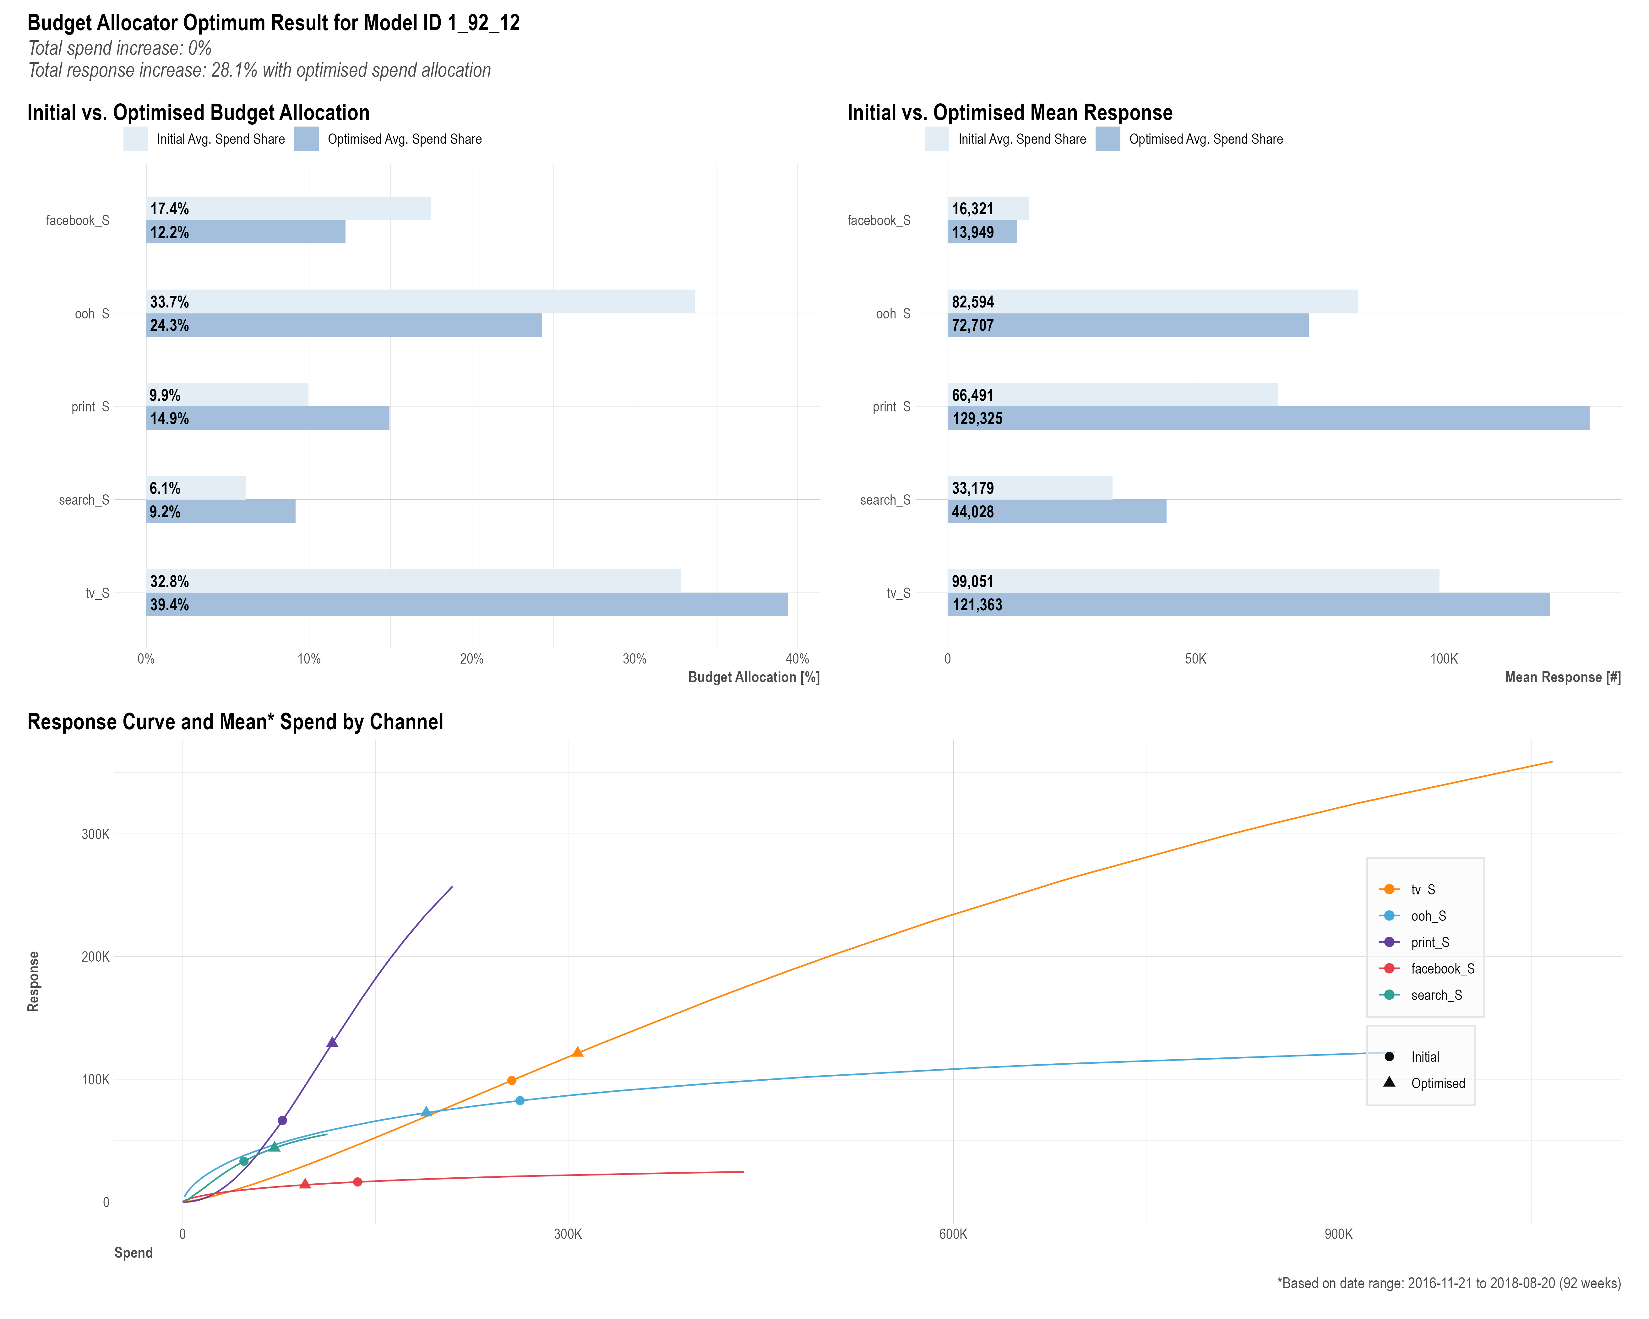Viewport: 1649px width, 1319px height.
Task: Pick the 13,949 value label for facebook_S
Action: (x=973, y=232)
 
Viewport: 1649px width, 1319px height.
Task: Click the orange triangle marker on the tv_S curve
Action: (x=577, y=1052)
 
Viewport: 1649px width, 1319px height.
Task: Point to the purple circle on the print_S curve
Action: (x=282, y=1120)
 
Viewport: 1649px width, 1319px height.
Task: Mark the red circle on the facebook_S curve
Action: (x=357, y=1182)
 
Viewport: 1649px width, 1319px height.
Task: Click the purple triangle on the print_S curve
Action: (x=332, y=1042)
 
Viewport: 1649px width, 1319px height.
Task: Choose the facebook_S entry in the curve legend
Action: (x=1442, y=969)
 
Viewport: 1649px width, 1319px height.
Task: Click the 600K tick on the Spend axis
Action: (x=953, y=1234)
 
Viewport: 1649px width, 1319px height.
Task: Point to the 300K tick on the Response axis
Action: (x=95, y=834)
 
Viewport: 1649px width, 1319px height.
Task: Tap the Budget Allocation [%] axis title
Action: (x=754, y=677)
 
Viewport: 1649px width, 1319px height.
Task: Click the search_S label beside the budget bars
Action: (x=84, y=500)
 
